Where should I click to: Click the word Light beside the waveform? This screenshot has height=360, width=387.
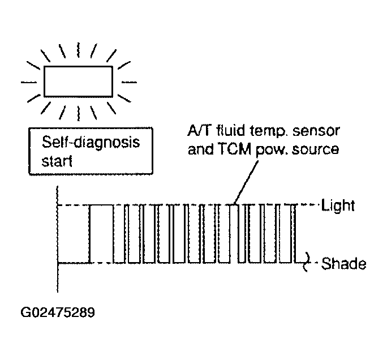(338, 205)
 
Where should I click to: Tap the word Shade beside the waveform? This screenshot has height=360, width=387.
(343, 264)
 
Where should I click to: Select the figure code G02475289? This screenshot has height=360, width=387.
(58, 312)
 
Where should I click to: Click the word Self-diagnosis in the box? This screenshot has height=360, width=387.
(91, 143)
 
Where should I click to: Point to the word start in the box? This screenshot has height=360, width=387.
(57, 161)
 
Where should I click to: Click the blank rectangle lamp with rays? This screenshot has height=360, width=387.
(79, 82)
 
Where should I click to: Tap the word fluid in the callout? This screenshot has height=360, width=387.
(231, 130)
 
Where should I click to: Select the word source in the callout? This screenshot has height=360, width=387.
(315, 149)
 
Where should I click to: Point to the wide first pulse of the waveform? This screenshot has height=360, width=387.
(101, 234)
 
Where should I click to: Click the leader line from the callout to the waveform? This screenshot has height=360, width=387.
(246, 182)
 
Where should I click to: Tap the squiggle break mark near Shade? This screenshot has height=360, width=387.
(306, 262)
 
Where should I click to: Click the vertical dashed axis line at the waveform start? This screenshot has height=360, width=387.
(58, 239)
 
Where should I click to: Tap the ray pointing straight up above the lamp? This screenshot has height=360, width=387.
(79, 50)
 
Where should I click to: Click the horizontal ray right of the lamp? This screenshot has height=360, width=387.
(130, 82)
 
